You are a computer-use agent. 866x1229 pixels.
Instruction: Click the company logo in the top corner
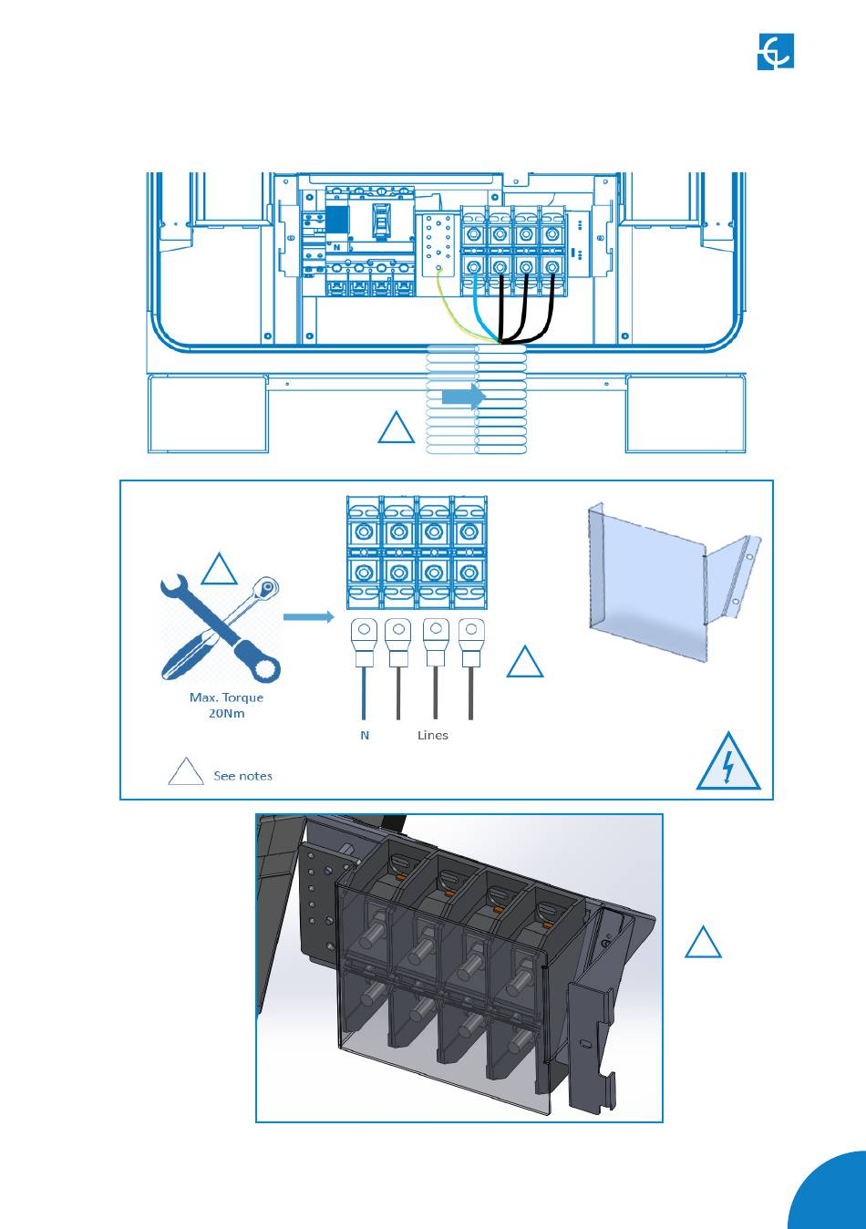coord(776,52)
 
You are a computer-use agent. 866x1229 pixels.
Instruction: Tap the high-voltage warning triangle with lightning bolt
coord(727,761)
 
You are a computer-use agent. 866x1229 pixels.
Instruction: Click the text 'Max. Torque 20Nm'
coord(226,705)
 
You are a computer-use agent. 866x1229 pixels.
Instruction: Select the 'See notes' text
coord(242,776)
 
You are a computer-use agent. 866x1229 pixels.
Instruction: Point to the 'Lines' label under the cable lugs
coord(433,735)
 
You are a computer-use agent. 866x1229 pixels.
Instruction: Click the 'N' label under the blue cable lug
coord(365,735)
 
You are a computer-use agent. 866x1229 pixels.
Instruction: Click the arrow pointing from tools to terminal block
coord(308,617)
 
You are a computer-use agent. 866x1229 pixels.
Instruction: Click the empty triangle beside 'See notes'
coord(186,772)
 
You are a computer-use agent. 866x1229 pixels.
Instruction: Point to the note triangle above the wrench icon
coord(219,570)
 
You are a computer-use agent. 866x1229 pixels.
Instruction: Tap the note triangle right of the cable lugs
coord(524,663)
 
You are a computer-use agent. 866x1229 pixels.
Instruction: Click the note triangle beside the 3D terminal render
coord(703,944)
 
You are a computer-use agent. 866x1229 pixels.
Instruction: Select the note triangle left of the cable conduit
coord(396,429)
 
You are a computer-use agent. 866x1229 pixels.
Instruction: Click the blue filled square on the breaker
coord(337,222)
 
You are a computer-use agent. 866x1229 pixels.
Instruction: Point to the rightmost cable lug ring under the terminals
coord(470,628)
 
